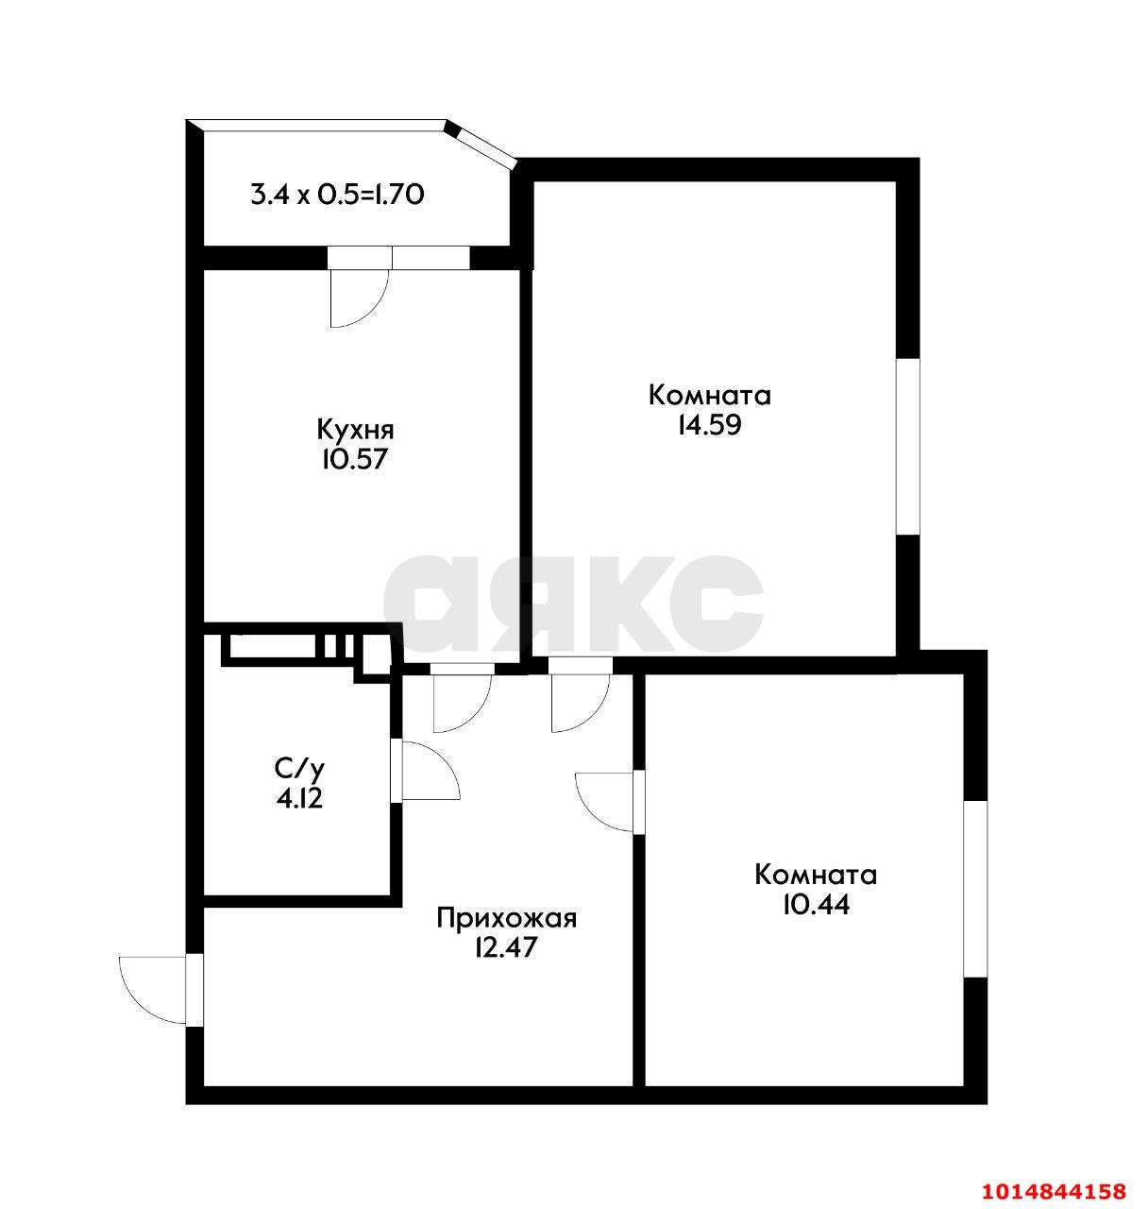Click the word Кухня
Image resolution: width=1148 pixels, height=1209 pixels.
point(355,431)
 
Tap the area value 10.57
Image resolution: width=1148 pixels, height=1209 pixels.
point(355,459)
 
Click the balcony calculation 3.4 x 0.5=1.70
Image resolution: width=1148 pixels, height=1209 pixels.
point(338,195)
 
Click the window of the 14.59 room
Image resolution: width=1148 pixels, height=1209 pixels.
point(907,447)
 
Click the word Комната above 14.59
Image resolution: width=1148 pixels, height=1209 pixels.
point(710,396)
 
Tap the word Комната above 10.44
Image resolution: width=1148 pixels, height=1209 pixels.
point(816,875)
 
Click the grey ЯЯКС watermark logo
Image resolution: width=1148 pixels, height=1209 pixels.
point(573,604)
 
